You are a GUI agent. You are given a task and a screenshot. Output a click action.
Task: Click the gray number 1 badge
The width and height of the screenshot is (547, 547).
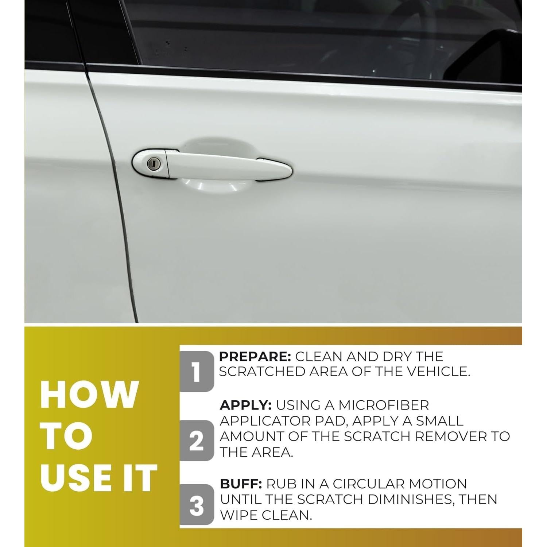coord(197,372)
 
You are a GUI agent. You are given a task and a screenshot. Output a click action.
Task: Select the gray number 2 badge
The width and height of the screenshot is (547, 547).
coord(197,441)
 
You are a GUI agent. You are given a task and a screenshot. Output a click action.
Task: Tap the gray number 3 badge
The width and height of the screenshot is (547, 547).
coord(197,505)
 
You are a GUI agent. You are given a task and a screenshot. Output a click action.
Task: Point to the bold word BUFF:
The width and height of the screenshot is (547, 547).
coord(241,484)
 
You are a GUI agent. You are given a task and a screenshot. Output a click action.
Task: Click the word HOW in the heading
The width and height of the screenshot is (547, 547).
coord(89,395)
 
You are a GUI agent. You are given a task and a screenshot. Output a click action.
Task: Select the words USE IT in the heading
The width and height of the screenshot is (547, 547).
coord(98,478)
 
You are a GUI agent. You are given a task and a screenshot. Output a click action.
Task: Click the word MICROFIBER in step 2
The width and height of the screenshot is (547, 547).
coord(383,405)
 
